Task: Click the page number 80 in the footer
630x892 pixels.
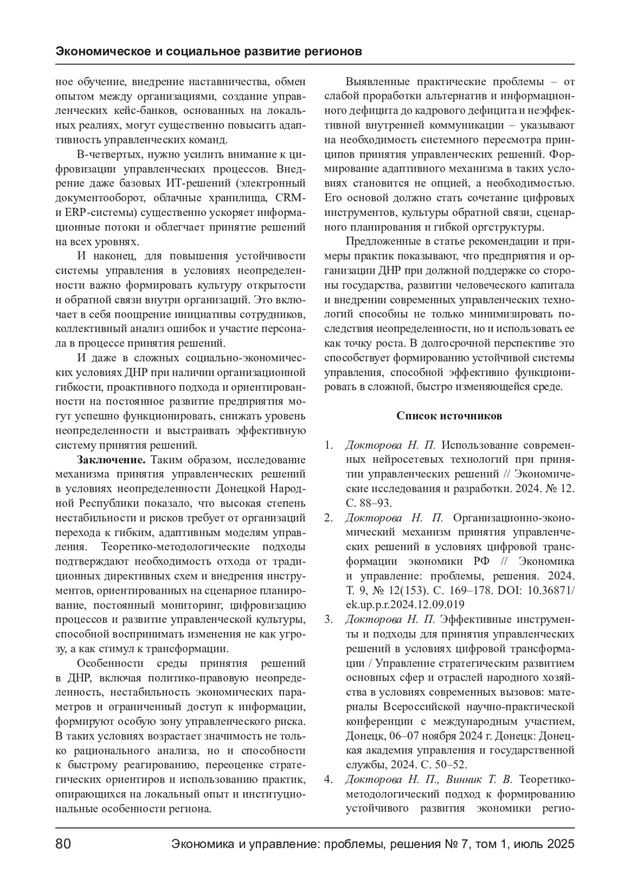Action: point(63,844)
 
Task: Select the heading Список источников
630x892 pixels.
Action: point(449,416)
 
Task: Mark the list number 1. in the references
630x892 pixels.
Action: point(329,445)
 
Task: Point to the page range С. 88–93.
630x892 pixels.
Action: point(369,503)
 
